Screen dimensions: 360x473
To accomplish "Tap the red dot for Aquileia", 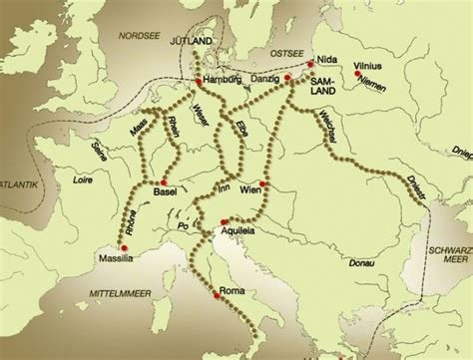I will click(225, 220).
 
